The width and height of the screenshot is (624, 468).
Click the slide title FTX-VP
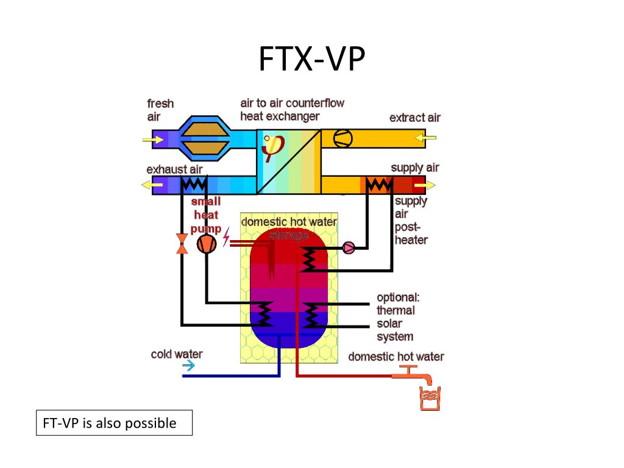pyautogui.click(x=311, y=60)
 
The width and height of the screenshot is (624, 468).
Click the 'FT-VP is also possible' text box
pyautogui.click(x=114, y=422)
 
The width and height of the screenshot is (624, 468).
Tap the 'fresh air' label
pyautogui.click(x=160, y=110)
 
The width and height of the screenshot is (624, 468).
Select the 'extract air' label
pyautogui.click(x=414, y=118)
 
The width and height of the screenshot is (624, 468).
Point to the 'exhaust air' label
pyautogui.click(x=174, y=169)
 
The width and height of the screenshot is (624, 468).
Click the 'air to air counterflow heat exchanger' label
pyautogui.click(x=292, y=110)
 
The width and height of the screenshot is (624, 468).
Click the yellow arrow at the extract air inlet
pyautogui.click(x=427, y=139)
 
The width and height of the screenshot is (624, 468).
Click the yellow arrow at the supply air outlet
pyautogui.click(x=428, y=185)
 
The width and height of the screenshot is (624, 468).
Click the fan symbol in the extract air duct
pyautogui.click(x=342, y=139)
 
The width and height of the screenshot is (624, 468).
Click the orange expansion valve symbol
pyautogui.click(x=182, y=243)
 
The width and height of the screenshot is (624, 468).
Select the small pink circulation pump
pyautogui.click(x=349, y=247)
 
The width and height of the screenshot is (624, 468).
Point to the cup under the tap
pyautogui.click(x=428, y=398)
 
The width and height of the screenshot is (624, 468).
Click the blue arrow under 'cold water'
pyautogui.click(x=189, y=366)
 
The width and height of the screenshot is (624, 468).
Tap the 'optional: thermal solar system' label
pyautogui.click(x=397, y=317)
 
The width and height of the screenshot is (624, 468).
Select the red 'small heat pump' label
pyautogui.click(x=206, y=214)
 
